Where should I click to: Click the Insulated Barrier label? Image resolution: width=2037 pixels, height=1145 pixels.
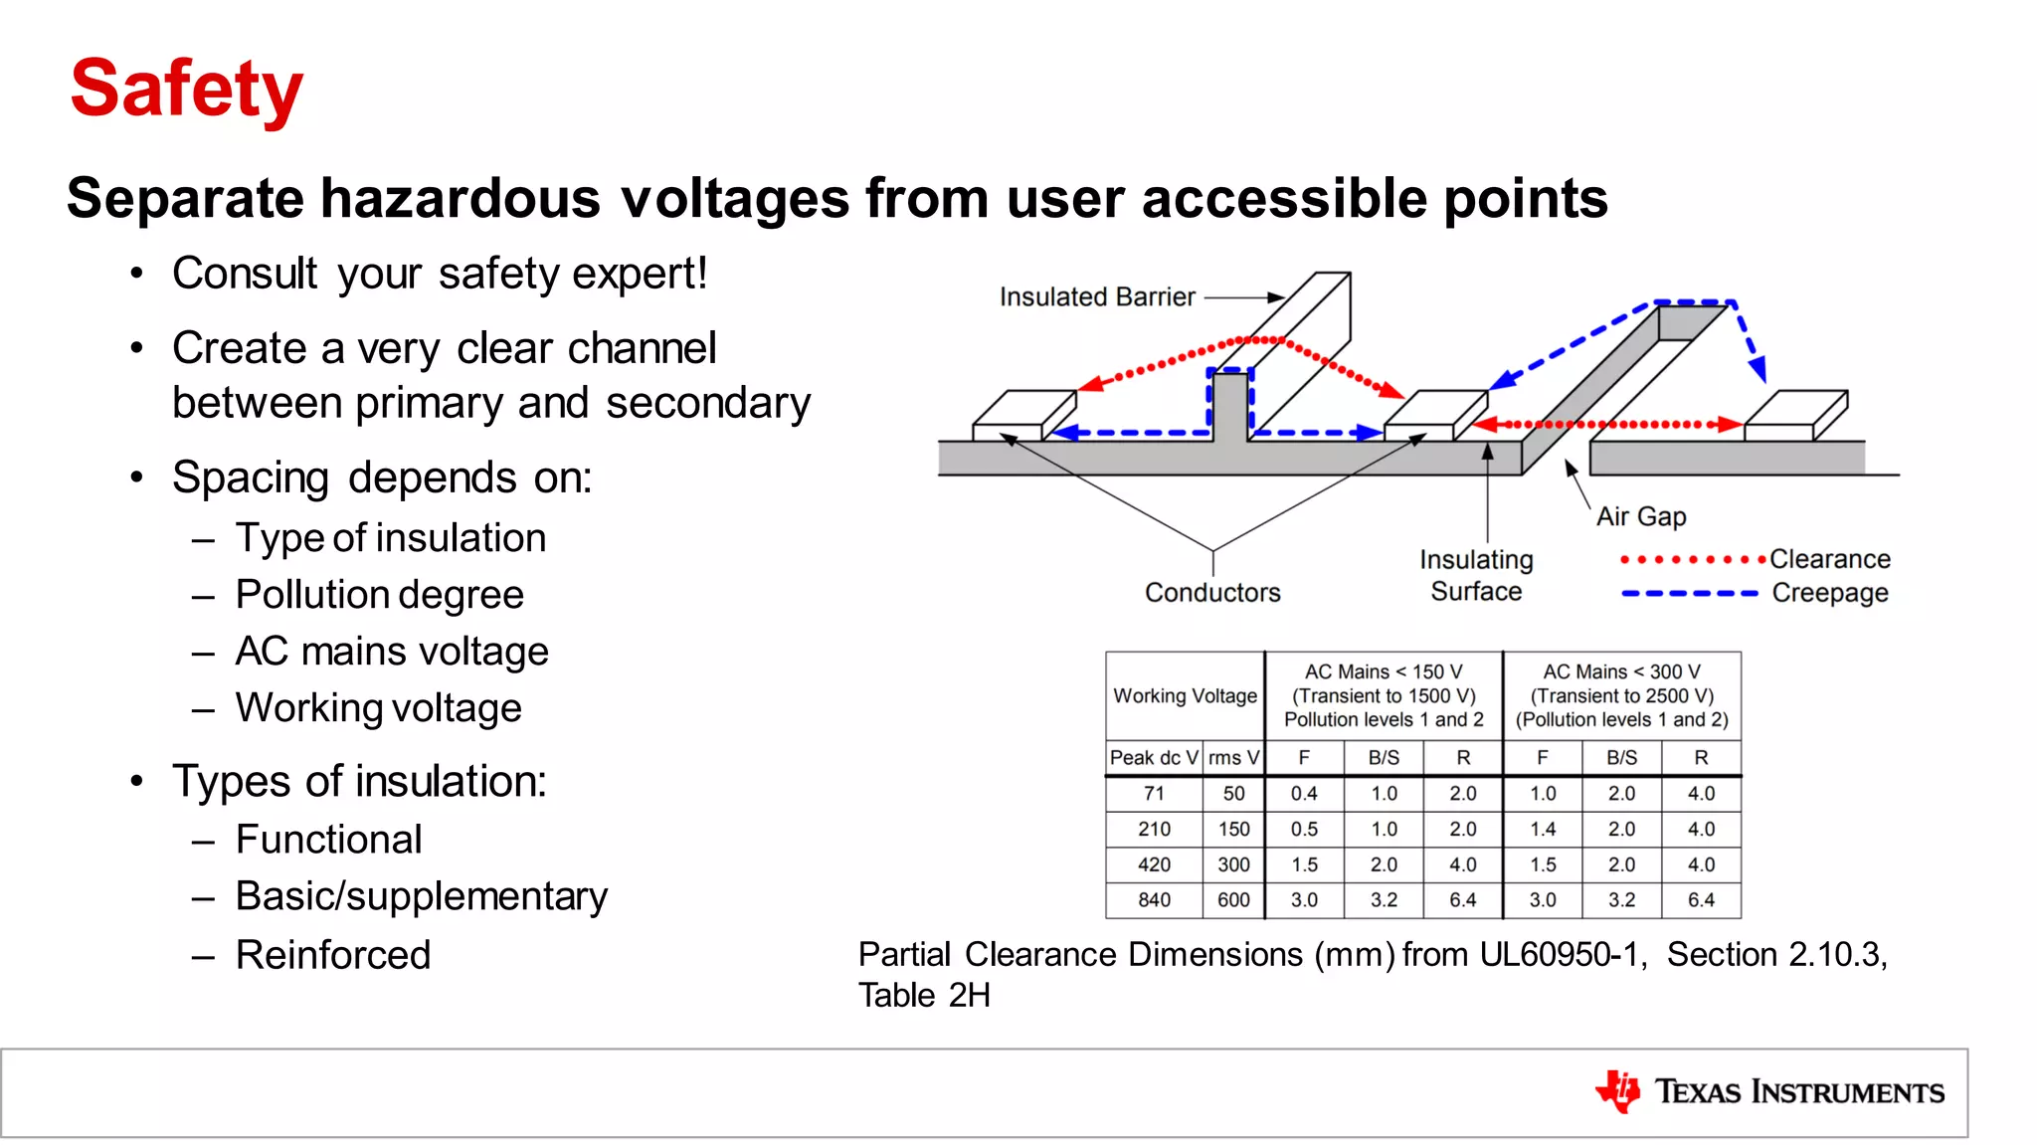(x=1096, y=296)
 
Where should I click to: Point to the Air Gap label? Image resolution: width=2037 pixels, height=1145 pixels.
(x=1641, y=516)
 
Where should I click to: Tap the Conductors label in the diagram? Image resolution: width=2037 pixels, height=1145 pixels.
(x=1211, y=593)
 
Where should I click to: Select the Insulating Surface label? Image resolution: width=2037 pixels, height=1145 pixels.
(x=1476, y=576)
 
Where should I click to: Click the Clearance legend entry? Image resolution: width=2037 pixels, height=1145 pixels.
(x=1829, y=559)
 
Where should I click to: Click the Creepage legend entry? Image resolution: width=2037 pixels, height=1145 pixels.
(x=1829, y=593)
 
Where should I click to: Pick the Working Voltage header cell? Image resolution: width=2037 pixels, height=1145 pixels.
(x=1185, y=696)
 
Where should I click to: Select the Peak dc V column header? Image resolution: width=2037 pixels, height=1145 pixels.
(x=1154, y=758)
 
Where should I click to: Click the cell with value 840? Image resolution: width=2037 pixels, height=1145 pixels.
(x=1154, y=900)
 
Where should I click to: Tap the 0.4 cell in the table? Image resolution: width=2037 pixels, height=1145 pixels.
(x=1304, y=794)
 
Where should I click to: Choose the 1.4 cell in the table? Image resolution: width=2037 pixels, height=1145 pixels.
(x=1543, y=830)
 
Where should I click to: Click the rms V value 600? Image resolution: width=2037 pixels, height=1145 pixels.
(x=1233, y=900)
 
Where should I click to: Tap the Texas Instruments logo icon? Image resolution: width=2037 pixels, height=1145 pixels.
(x=1618, y=1091)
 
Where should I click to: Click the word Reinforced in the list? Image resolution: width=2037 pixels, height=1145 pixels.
(x=333, y=955)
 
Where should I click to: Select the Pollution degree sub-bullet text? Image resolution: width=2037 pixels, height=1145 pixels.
(x=379, y=595)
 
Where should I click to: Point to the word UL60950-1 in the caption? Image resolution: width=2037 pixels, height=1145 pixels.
(x=1559, y=955)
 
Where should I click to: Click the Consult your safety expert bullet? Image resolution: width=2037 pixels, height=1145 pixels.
(x=439, y=274)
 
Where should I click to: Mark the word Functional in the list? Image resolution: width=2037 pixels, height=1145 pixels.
(x=328, y=840)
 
